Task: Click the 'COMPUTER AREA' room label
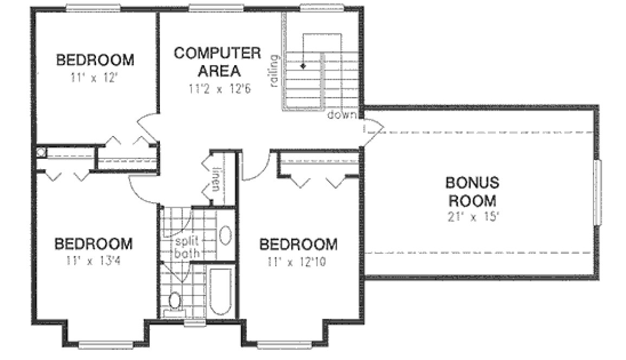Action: coord(217,62)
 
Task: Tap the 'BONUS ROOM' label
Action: coord(471,191)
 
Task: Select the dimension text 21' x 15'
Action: coord(471,217)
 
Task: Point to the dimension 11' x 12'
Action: coord(95,78)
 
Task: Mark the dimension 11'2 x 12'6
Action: coord(218,88)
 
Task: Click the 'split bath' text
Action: coord(188,247)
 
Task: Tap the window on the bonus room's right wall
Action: coord(598,192)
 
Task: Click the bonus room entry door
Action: coord(373,129)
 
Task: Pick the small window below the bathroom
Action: coord(191,324)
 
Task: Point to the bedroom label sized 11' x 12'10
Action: coord(298,244)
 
